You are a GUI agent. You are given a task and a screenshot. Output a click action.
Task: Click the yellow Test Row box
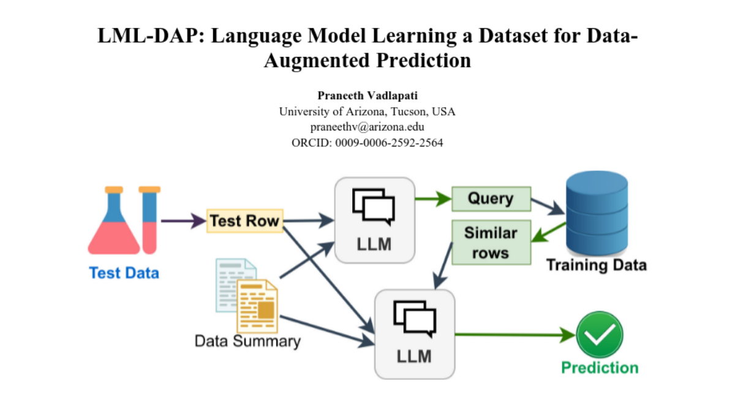pos(245,221)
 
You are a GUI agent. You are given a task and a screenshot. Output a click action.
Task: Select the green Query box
pos(491,198)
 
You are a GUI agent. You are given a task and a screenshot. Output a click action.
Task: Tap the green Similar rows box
pos(491,242)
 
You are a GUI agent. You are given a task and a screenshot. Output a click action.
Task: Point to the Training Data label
pos(596,265)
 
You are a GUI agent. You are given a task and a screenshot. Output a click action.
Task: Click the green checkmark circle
pos(599,335)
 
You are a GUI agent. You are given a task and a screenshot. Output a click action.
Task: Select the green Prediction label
pos(600,368)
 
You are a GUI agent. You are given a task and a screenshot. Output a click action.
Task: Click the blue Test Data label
pos(124,272)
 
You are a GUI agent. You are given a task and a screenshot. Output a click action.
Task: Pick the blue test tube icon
pos(149,219)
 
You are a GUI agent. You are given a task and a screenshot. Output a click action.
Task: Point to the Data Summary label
pos(247,341)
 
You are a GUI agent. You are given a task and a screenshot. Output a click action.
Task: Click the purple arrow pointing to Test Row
pos(183,221)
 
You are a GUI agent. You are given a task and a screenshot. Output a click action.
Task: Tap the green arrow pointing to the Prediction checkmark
pos(514,335)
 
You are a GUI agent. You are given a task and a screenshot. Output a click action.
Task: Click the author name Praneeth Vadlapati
pos(367,96)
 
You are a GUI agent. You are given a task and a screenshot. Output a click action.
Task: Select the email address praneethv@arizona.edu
pos(367,127)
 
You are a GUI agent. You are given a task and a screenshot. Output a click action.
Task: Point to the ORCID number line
pos(367,143)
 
